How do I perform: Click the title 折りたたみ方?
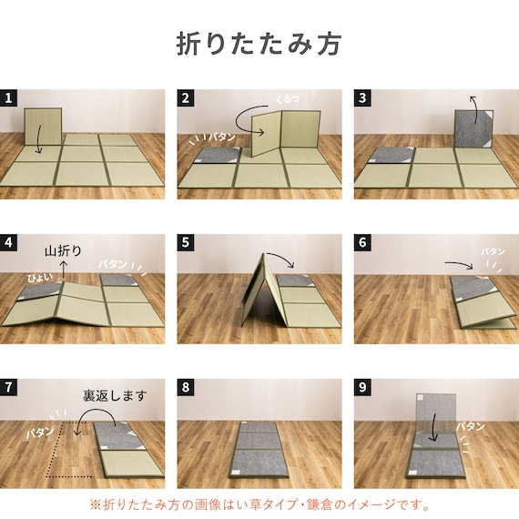[x=259, y=44]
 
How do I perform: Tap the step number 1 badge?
[x=8, y=98]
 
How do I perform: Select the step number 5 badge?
[x=186, y=242]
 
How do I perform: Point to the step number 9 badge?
[x=362, y=387]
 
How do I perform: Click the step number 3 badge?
[x=362, y=98]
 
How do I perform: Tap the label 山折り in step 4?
[x=63, y=251]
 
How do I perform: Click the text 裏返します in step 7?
[x=115, y=395]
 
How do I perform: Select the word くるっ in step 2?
[x=288, y=98]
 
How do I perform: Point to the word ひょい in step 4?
[x=40, y=278]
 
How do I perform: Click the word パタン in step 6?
[x=493, y=251]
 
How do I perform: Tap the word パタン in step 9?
[x=471, y=426]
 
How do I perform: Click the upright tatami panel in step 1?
[x=43, y=127]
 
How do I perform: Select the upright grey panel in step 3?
[x=473, y=128]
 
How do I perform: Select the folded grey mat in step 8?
[x=256, y=450]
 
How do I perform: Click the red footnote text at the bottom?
[x=260, y=505]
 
